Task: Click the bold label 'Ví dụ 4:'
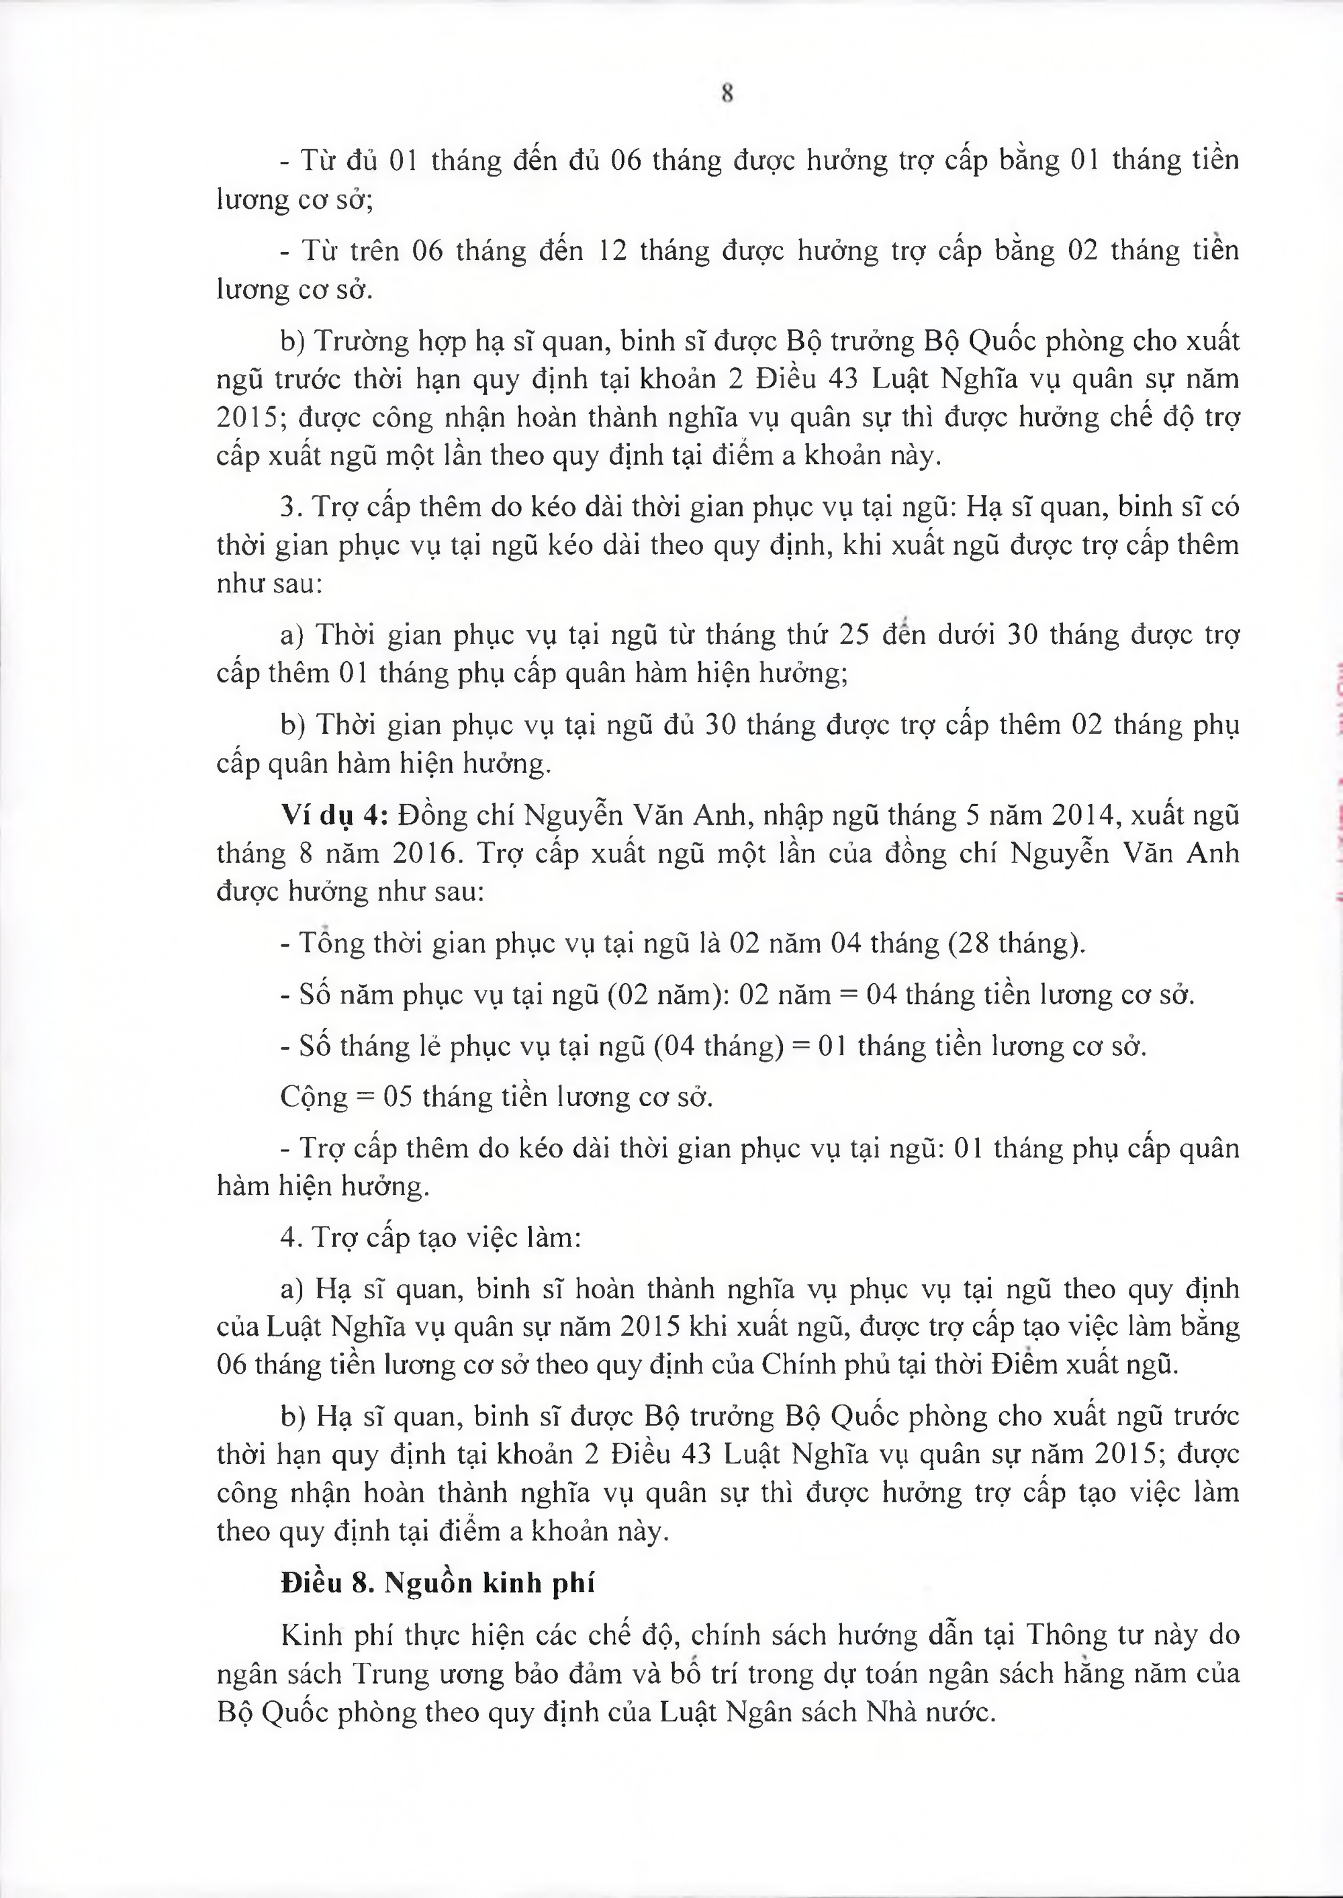pyautogui.click(x=335, y=815)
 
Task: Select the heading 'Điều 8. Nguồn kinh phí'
pyautogui.click(x=437, y=1583)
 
